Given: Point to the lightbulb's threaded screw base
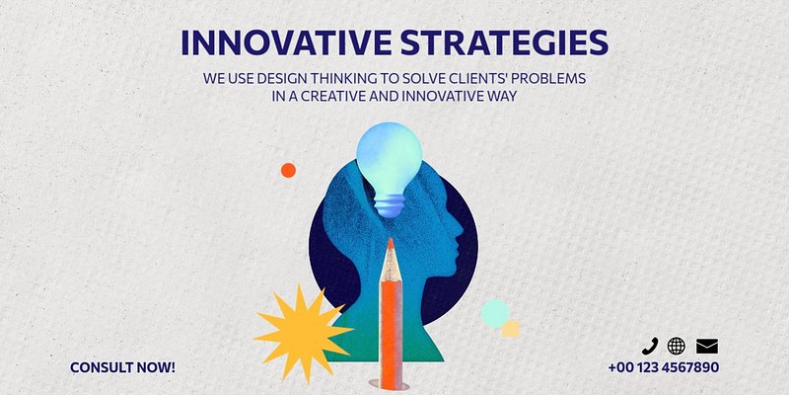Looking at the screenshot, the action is (x=389, y=205).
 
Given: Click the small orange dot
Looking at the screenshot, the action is (x=288, y=170).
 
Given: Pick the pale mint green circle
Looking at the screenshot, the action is (x=495, y=313).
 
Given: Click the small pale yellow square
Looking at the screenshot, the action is (x=510, y=329).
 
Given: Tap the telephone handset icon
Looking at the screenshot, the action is (x=650, y=347).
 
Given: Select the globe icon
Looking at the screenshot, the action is (x=677, y=347).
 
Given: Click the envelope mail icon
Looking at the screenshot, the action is (x=707, y=347).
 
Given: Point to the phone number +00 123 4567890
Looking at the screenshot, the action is (x=663, y=367).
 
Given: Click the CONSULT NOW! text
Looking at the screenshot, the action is (x=122, y=367).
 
